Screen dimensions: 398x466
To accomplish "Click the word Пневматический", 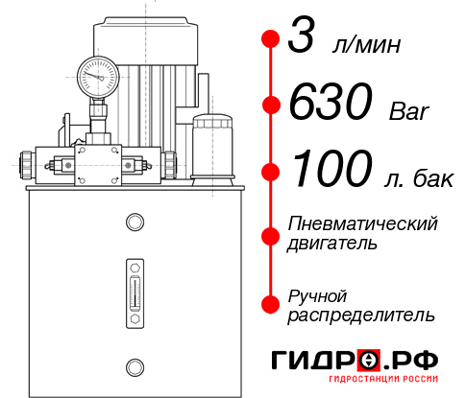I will tap(362, 223).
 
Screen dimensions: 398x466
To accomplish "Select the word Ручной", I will tap(317, 294).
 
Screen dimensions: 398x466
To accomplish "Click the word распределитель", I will tap(360, 314).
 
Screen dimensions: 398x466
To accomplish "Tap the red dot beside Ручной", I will tap(270, 303).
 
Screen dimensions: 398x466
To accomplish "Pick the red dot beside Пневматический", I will tap(270, 233).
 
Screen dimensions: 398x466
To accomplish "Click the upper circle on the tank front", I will tap(134, 223).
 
